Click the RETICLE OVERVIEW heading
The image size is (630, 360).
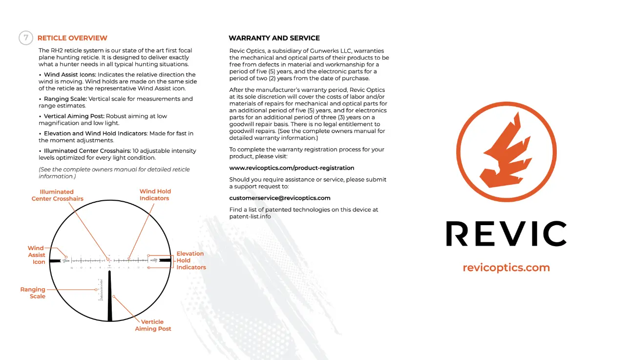[72, 38]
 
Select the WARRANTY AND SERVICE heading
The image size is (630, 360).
[274, 38]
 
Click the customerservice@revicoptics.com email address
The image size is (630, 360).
[280, 198]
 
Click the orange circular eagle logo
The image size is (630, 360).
[506, 151]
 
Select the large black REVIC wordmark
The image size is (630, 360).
[506, 233]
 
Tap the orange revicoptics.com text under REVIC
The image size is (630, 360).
[506, 268]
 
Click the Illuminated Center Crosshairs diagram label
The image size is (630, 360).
[57, 195]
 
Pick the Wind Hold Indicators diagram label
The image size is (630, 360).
[155, 195]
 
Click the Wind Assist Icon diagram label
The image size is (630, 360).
[37, 255]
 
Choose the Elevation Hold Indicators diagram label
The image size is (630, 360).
[191, 260]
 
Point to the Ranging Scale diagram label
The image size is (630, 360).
[33, 293]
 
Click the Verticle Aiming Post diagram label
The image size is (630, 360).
[153, 325]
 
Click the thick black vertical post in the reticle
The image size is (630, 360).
[109, 298]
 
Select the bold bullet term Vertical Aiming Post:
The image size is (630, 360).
[74, 116]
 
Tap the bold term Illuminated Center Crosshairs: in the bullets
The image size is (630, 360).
[87, 151]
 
